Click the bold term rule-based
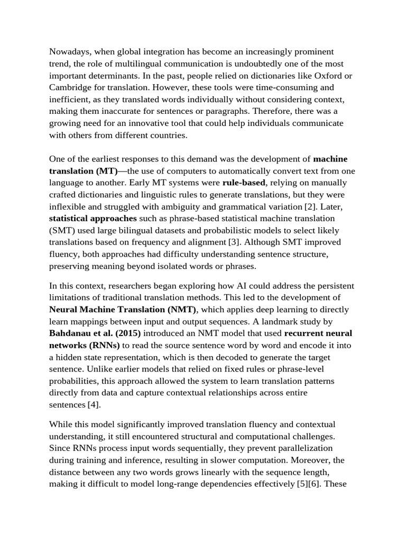coord(243,183)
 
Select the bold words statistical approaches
coord(93,218)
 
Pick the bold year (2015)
coord(125,333)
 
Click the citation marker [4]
coord(94,405)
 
